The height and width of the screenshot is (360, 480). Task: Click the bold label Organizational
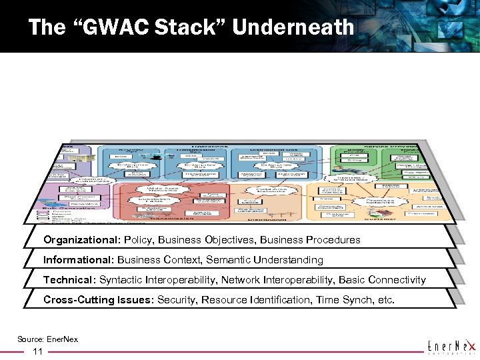[81, 239]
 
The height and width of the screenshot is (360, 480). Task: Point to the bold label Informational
[77, 259]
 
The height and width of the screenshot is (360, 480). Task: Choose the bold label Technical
[68, 279]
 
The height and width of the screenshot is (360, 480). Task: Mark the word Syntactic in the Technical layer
[123, 279]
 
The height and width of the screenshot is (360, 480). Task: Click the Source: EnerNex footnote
[47, 339]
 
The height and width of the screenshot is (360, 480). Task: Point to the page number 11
[38, 351]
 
